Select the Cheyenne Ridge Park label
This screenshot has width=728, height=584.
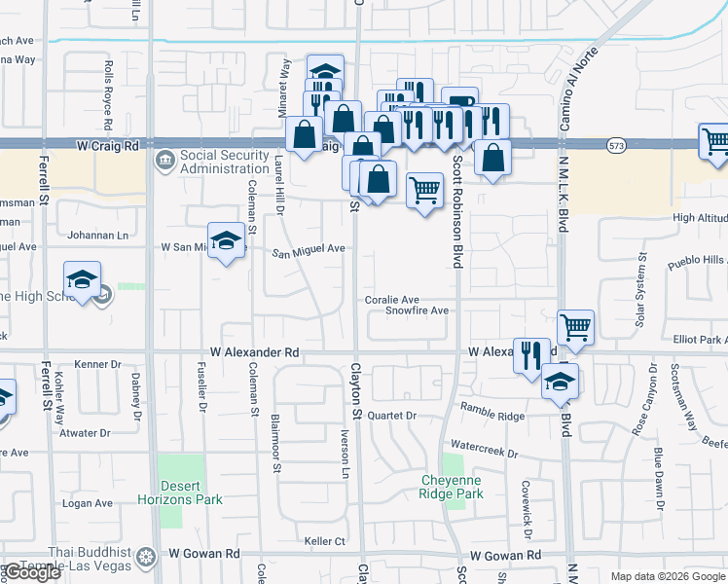pyautogui.click(x=452, y=487)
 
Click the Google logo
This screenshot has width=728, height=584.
pyautogui.click(x=32, y=572)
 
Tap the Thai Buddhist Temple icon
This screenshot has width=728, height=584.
pyautogui.click(x=145, y=557)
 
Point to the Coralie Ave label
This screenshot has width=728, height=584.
pyautogui.click(x=392, y=300)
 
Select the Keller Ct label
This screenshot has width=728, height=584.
pyautogui.click(x=325, y=540)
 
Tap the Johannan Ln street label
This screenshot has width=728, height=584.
pyautogui.click(x=96, y=235)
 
